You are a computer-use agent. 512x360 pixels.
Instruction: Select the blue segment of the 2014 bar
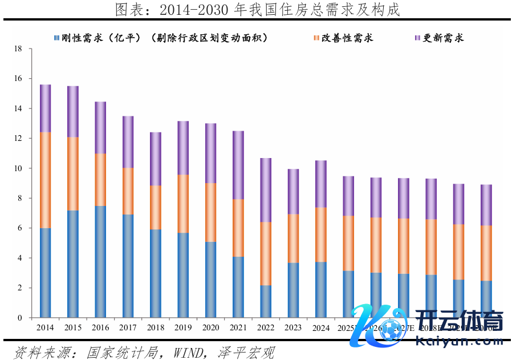tap(45, 273)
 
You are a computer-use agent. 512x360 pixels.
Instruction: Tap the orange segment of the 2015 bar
tap(73, 174)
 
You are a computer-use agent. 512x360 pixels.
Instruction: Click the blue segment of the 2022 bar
tap(266, 301)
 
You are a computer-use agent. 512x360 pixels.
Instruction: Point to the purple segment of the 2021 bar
tap(238, 165)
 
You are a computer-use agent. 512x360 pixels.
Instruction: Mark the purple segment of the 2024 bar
tap(321, 184)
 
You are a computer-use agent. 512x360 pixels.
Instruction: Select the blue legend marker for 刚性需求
tap(56, 38)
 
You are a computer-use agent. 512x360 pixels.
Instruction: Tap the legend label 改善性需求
tap(347, 38)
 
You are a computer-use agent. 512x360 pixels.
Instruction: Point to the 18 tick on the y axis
tap(18, 49)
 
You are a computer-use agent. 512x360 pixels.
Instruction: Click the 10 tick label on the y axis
tap(18, 169)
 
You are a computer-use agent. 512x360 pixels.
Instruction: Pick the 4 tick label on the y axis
tap(20, 258)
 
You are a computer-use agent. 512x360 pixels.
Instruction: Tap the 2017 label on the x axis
tap(128, 328)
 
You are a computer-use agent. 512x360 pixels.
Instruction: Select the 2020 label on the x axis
tap(210, 328)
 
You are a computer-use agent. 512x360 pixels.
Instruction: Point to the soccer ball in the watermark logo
tap(389, 329)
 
